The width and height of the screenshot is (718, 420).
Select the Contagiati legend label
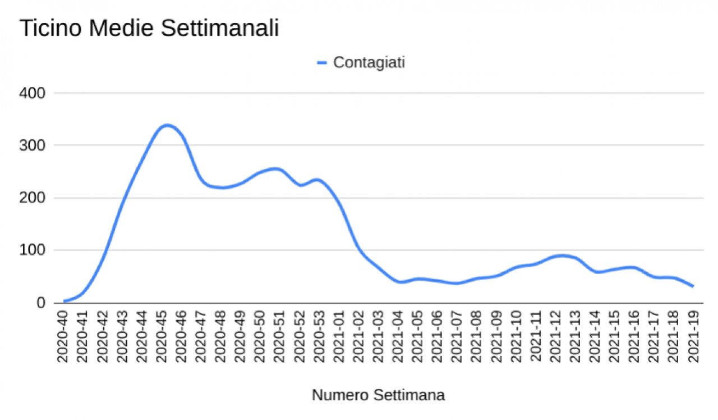point(369,62)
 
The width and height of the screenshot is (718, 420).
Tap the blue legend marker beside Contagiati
point(322,63)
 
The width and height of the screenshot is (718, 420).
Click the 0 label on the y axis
point(40,303)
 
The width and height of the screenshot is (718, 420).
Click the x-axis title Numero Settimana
point(378,395)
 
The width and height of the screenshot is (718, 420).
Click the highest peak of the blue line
point(167,125)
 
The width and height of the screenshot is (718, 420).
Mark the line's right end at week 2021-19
point(693,286)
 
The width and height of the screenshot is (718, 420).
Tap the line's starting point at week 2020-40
point(65,301)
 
